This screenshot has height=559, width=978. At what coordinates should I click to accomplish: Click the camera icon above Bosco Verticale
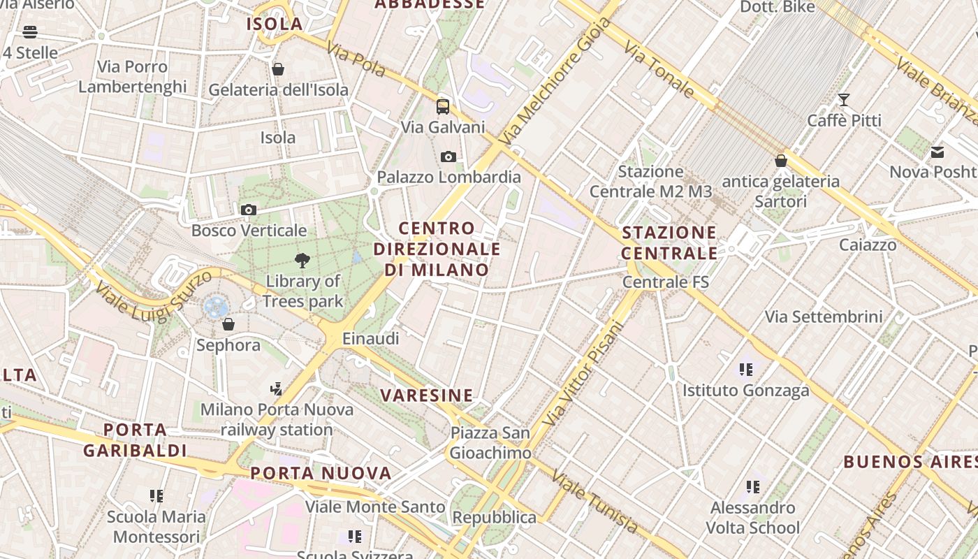(x=248, y=210)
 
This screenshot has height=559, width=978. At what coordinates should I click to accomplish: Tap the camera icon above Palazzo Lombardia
(x=448, y=157)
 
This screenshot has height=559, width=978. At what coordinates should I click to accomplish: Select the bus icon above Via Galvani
(x=443, y=107)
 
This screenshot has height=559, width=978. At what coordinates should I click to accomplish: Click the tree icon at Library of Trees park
(x=302, y=261)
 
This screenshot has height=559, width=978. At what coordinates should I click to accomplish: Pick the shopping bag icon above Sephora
(x=228, y=324)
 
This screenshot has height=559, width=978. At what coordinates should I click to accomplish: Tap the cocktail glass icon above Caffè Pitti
(x=844, y=100)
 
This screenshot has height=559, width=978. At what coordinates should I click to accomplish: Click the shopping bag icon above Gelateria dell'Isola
(x=278, y=69)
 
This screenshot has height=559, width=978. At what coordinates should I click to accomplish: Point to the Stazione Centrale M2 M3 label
(x=650, y=182)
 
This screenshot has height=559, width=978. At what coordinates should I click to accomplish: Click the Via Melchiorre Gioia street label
(x=556, y=81)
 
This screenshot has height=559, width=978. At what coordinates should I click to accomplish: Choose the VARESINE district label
(x=427, y=395)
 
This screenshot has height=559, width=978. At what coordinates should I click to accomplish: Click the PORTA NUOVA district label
(x=321, y=473)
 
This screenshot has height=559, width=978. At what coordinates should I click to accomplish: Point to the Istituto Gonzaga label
(x=745, y=391)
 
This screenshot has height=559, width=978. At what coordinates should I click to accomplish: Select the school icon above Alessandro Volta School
(x=752, y=486)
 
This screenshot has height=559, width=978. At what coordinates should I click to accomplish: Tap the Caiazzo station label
(x=868, y=245)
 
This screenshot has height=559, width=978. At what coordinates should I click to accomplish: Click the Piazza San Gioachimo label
(x=490, y=443)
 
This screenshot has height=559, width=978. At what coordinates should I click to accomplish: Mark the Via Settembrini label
(x=824, y=317)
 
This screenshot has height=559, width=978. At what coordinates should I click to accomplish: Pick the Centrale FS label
(x=665, y=282)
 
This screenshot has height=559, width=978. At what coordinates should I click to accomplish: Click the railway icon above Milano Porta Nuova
(x=277, y=389)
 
